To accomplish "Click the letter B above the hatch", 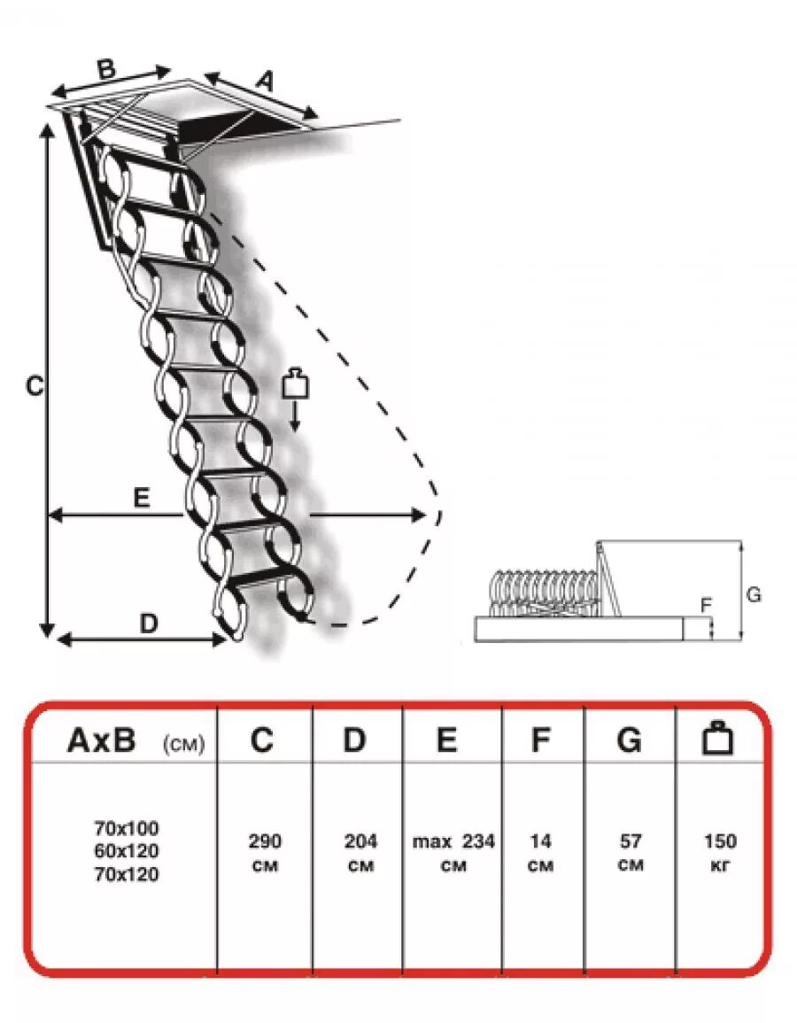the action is (105, 70).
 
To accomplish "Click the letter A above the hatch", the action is (264, 81).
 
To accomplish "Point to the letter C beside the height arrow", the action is (34, 387).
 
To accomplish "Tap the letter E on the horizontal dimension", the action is (142, 498).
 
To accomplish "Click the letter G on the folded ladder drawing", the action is (754, 594).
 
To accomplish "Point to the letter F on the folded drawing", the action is (706, 606).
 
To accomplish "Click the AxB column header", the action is (102, 740).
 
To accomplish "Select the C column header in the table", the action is (262, 740).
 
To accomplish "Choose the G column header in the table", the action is (629, 740).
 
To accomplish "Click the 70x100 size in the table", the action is (127, 829).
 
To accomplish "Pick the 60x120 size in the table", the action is (127, 852).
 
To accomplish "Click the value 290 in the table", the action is (265, 841).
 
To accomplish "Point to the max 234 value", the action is (453, 841).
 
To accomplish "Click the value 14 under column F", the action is (540, 841).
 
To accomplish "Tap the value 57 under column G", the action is (631, 841).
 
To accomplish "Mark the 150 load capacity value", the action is (720, 841).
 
